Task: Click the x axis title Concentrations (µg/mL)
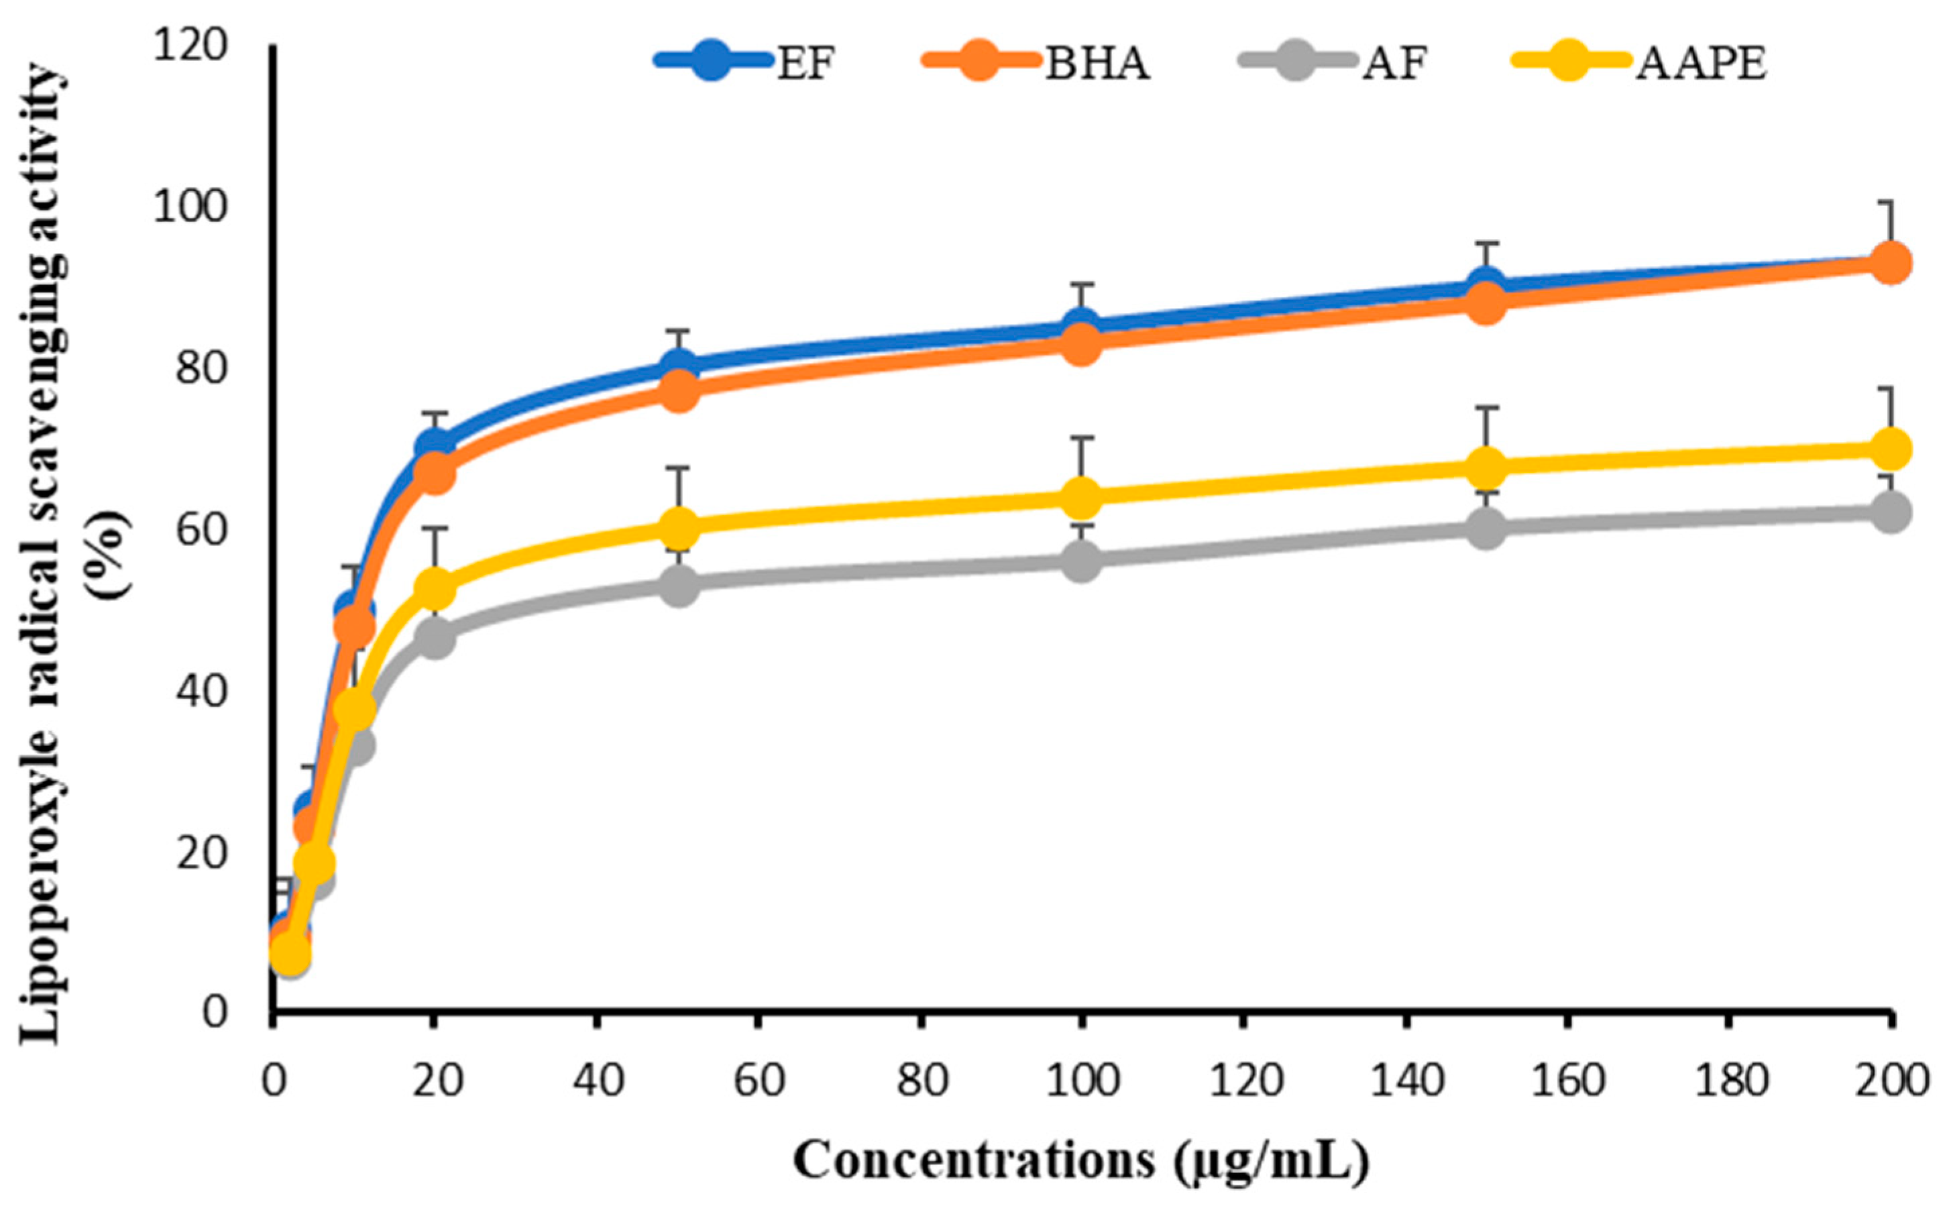pos(1080,1160)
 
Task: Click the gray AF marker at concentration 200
pos(1889,512)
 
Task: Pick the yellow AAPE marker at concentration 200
pos(1889,448)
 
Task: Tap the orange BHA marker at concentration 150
pos(1486,304)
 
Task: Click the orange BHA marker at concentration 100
pos(1081,345)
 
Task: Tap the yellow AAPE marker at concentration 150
pos(1486,467)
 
